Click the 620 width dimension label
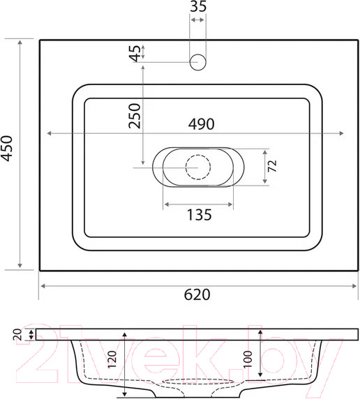pyautogui.click(x=198, y=295)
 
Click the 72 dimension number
pyautogui.click(x=273, y=166)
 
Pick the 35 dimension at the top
pyautogui.click(x=198, y=8)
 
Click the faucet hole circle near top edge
pyautogui.click(x=198, y=61)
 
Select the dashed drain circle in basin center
pyautogui.click(x=198, y=166)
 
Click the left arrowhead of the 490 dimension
pyautogui.click(x=48, y=133)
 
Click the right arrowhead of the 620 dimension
pyautogui.click(x=355, y=286)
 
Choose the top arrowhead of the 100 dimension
pyautogui.click(x=260, y=331)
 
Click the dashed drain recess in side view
pyautogui.click(x=198, y=383)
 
